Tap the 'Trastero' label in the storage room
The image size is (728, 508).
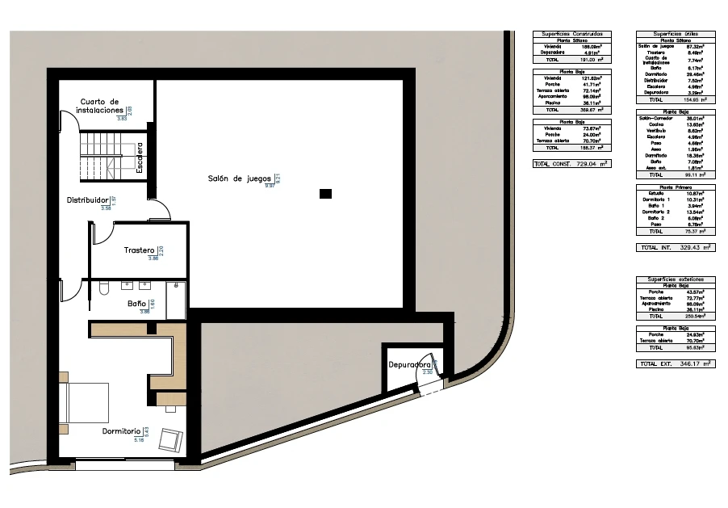(140, 251)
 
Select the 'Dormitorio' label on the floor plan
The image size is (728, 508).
(122, 431)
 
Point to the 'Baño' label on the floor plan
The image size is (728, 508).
(137, 304)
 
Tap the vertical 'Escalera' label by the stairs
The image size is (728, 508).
(140, 159)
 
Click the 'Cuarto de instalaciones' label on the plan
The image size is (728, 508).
(101, 106)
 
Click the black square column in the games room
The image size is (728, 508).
(324, 193)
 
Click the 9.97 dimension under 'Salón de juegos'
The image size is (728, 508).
(270, 186)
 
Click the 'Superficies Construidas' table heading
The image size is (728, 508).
(572, 34)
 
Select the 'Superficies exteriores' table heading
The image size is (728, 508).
(675, 279)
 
